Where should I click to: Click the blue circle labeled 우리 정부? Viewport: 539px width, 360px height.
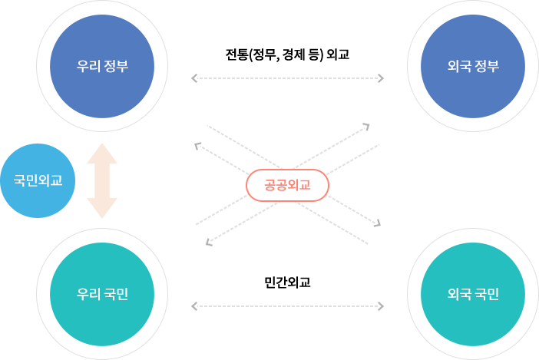(102, 66)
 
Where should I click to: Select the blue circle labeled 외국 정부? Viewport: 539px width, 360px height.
(474, 66)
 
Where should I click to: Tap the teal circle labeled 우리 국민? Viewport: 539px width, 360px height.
(102, 294)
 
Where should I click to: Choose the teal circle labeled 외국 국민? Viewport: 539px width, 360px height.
(474, 294)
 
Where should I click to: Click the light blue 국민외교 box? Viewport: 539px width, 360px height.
(38, 180)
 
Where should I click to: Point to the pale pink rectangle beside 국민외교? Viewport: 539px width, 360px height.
(102, 180)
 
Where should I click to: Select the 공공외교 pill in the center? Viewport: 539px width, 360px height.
(287, 185)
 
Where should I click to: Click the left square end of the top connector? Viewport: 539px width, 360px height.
(193, 78)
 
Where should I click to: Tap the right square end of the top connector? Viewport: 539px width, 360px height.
(381, 78)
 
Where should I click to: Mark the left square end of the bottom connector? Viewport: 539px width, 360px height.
(193, 306)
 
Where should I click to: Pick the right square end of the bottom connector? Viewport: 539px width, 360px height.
(381, 306)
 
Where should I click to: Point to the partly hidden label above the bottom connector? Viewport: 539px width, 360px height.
(287, 283)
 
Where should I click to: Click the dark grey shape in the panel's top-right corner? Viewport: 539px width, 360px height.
(372, 129)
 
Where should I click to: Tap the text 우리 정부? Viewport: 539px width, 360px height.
(102, 66)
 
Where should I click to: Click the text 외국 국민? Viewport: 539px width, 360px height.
(474, 294)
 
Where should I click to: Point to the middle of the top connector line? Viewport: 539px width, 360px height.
(287, 78)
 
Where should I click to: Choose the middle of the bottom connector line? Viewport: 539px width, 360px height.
(287, 306)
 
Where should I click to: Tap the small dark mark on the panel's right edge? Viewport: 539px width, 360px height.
(377, 223)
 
